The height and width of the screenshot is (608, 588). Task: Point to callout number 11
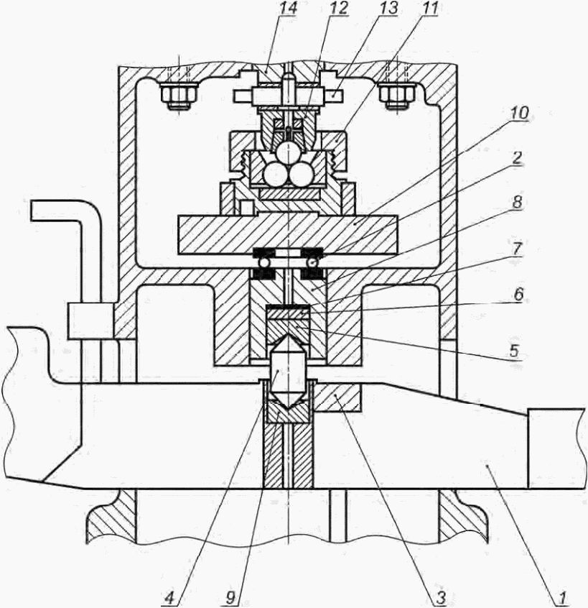pos(429,8)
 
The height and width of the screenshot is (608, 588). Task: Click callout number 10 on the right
pos(520,114)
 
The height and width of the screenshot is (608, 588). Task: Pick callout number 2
pos(517,158)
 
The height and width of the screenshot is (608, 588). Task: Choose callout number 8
pos(517,202)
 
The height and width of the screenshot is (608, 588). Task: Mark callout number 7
pos(518,249)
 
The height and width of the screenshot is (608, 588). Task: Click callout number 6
pos(518,295)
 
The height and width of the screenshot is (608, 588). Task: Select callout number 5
pos(514,351)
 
